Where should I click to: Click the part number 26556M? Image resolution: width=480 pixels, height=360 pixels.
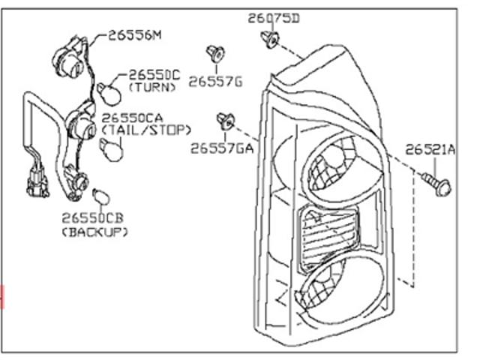click(x=135, y=35)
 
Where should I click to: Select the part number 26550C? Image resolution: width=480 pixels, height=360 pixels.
click(x=154, y=75)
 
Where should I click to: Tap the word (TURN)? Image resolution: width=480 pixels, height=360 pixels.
click(x=152, y=88)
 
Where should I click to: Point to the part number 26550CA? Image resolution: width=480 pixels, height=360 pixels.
click(x=132, y=118)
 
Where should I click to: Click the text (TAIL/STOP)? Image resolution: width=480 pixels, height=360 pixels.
click(x=146, y=130)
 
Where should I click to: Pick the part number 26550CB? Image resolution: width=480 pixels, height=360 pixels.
click(x=93, y=218)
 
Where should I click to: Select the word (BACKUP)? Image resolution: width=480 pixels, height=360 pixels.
click(x=95, y=232)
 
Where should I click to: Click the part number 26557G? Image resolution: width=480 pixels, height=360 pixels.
click(x=215, y=82)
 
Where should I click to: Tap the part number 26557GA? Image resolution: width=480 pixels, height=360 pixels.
click(x=222, y=148)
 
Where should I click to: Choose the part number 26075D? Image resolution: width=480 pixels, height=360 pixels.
click(x=274, y=18)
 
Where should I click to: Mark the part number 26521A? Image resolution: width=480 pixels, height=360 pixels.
click(x=430, y=150)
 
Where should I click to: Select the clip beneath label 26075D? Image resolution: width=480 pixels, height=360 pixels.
click(x=270, y=39)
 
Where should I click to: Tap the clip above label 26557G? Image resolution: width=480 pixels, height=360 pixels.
click(x=215, y=54)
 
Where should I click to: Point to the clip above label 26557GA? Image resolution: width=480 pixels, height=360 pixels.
click(x=226, y=121)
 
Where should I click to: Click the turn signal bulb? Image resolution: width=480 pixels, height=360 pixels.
click(x=109, y=93)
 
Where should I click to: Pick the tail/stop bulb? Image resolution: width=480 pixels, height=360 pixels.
click(x=112, y=150)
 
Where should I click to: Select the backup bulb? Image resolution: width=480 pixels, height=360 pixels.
click(x=101, y=196)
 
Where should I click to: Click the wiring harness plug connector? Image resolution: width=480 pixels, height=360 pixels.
click(x=37, y=183)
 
